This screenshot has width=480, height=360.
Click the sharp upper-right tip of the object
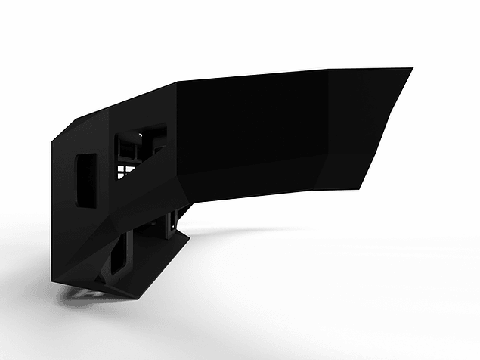click(412, 68)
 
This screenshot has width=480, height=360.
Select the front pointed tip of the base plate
click(136, 297)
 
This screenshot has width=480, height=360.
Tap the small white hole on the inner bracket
click(172, 225)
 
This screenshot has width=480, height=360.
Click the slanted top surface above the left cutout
click(83, 129)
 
